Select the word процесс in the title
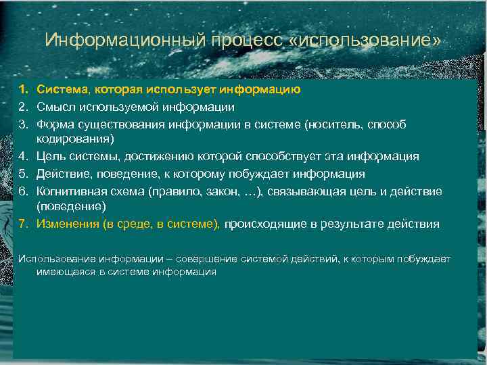click(244, 41)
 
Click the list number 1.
click(23, 89)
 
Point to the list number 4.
click(23, 157)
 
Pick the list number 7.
click(23, 224)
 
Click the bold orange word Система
click(60, 89)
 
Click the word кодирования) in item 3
click(75, 140)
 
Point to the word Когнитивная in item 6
click(70, 191)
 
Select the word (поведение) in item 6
click(70, 208)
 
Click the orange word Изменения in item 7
click(66, 224)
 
